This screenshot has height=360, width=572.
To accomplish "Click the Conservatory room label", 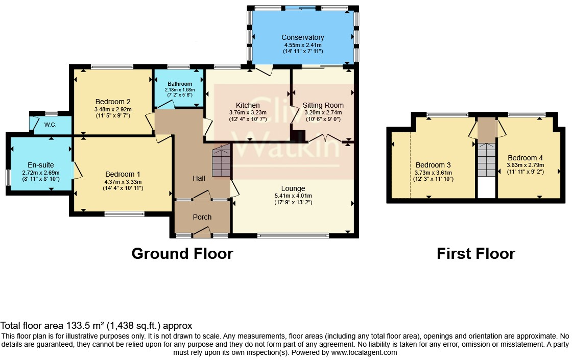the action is pos(302,37).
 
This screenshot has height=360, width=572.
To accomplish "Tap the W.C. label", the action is pos(51,125).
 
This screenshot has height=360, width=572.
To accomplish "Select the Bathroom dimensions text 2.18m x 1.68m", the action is pos(180,90).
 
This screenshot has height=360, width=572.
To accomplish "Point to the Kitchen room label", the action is pos(248,105).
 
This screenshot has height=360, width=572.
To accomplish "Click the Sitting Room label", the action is pos(323,105).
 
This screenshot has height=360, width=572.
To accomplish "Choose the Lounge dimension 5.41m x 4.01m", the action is pos(293,196).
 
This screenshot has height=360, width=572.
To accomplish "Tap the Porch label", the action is pos(202,217).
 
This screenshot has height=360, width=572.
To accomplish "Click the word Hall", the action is pos(199,178).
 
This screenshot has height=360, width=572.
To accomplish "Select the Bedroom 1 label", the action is pos(123,174).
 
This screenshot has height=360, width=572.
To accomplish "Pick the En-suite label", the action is pos(41,165).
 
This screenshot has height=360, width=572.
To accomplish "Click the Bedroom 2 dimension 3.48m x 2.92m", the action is pos(113,109).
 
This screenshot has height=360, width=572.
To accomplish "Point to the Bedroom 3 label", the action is pos(433,165).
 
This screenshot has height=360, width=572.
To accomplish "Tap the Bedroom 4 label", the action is pos(526,158).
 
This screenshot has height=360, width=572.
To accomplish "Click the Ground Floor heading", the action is pos(182,253).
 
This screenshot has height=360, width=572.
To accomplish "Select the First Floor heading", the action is pos(475,253).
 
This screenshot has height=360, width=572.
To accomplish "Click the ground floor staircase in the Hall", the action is pos(222,160).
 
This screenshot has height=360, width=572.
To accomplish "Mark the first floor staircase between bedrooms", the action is pos(487,160).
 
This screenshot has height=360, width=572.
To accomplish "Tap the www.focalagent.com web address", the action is pos(364,352).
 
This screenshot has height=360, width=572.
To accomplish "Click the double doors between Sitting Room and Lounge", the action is pos(325,138).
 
